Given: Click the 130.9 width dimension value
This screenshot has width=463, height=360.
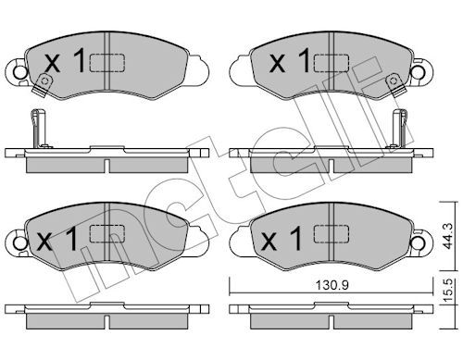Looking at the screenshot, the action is click(332, 285).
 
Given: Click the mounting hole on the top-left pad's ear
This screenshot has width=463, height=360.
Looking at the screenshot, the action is click(20, 72).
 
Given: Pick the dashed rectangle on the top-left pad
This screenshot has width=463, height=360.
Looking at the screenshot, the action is click(107, 63).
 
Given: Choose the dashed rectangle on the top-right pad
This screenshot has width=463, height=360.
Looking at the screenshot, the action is click(332, 63).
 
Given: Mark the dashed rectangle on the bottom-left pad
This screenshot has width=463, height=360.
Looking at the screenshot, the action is click(107, 233).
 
